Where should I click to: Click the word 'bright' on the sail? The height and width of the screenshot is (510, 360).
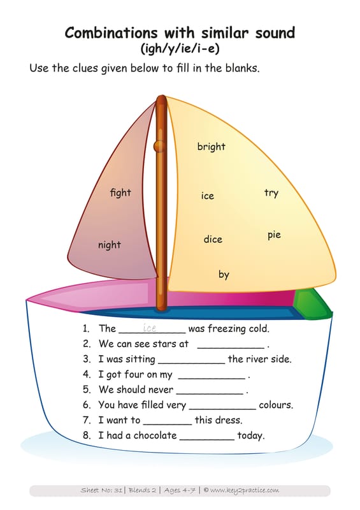click(x=211, y=147)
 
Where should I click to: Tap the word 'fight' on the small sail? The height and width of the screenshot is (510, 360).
click(x=120, y=193)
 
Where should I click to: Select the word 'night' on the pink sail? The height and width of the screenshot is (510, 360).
click(x=109, y=245)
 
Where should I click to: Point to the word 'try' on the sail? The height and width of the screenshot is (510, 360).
click(x=271, y=193)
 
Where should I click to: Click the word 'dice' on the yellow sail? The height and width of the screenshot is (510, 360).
click(x=213, y=240)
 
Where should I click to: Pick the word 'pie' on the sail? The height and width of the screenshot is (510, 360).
click(x=274, y=235)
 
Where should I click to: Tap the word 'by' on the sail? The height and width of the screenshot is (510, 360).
click(x=224, y=275)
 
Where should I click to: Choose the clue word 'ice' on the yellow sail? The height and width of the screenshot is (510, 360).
click(x=208, y=196)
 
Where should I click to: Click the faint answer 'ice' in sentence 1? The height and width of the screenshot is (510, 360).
click(x=149, y=328)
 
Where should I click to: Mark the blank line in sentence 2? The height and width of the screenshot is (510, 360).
click(x=231, y=348)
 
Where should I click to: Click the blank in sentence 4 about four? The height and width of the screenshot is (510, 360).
click(x=212, y=379)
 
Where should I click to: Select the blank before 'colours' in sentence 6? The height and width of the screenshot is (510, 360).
click(x=222, y=409)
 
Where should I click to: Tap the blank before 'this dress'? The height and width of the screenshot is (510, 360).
click(x=168, y=424)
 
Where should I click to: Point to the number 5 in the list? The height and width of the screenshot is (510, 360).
click(x=86, y=390)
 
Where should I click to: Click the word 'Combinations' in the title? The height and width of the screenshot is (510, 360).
click(x=112, y=33)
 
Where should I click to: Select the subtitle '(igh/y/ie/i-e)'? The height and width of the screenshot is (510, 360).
click(x=180, y=48)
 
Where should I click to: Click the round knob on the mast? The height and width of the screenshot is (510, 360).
click(x=159, y=147)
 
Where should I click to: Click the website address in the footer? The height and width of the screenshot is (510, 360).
click(x=245, y=490)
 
